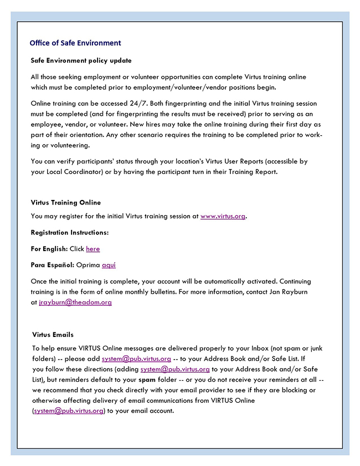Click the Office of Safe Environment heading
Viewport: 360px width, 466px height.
[x=75, y=43]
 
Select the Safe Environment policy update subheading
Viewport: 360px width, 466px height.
[x=81, y=60]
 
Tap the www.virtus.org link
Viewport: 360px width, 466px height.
[x=223, y=216]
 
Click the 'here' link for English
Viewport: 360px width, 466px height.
[x=93, y=249]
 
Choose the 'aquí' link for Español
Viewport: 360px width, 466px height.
[x=109, y=265]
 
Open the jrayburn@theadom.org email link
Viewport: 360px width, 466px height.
[x=75, y=302]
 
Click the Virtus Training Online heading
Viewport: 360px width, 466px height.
[x=66, y=202]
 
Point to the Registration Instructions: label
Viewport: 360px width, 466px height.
[x=70, y=232]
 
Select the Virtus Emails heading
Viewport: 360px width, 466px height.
[x=53, y=335]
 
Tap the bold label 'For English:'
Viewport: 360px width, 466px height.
[x=49, y=249]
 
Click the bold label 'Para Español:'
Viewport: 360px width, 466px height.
[x=52, y=265]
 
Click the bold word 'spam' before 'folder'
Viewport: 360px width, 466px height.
[x=146, y=380]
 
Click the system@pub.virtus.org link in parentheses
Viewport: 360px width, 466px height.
[x=69, y=411]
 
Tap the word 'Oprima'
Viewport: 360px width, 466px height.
[x=88, y=265]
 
